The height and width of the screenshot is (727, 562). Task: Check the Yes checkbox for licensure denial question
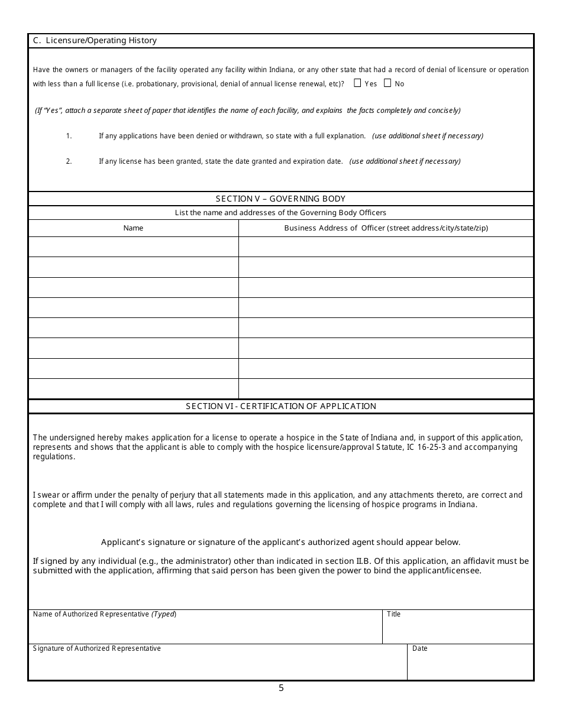pos(357,83)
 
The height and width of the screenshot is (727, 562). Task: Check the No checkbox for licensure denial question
pos(387,83)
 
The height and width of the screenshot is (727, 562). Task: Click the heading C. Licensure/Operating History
pos(95,41)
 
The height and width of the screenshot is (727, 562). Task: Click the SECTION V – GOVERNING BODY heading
pos(280,199)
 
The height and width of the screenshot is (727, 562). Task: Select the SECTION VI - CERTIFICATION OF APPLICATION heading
pos(280,406)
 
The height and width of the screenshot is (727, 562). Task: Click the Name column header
pos(133,228)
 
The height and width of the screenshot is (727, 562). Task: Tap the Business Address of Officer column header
pos(386,228)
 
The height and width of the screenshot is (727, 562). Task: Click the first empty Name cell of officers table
pos(133,246)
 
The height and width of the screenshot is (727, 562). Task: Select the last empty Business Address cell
pos(386,388)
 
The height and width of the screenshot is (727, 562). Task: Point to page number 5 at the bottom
pos(281,688)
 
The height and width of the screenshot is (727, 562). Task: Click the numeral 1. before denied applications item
pos(69,136)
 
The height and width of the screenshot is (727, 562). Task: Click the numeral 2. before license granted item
pos(69,161)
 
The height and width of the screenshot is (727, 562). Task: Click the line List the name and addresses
pos(280,213)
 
